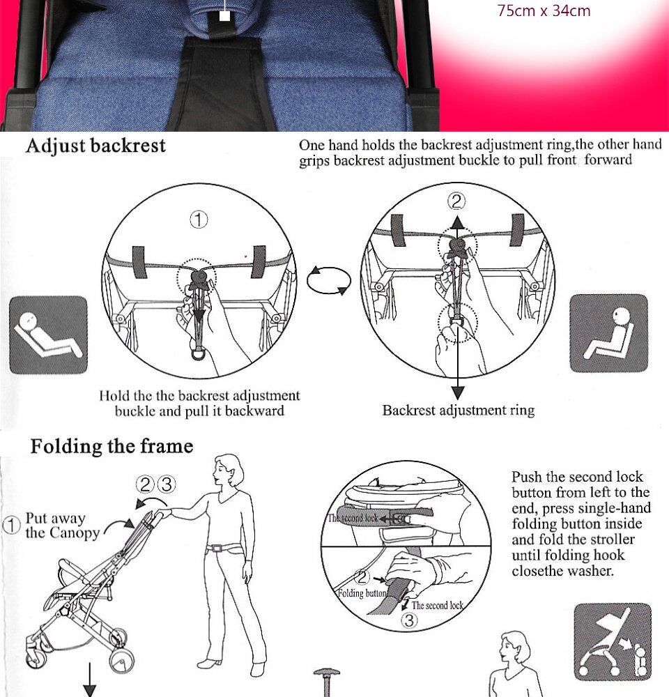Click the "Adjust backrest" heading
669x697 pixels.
tap(95, 146)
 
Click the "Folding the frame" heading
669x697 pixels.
tap(111, 446)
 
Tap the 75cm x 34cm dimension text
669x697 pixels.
tap(544, 10)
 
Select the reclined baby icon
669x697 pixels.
tap(49, 335)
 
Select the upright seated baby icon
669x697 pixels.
tap(608, 333)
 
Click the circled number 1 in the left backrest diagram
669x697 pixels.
tap(199, 220)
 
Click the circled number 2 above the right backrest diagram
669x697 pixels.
tap(456, 202)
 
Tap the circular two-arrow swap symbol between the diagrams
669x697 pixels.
tap(329, 280)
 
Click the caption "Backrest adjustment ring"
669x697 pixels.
tap(459, 410)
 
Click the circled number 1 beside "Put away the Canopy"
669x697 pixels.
tap(11, 525)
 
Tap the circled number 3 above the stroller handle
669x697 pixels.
tap(167, 484)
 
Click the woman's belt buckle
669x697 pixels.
tap(216, 548)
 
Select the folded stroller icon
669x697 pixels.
tap(613, 642)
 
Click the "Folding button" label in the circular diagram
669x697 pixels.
tap(362, 593)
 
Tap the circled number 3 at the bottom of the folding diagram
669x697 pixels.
tap(409, 620)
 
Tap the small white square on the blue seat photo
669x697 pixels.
tap(225, 16)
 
